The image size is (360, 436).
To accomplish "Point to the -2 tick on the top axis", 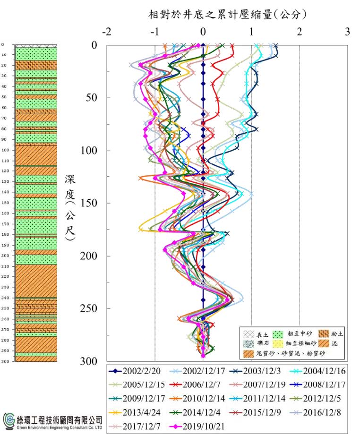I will pos(107,32).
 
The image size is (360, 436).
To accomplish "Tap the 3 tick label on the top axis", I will pos(348,32).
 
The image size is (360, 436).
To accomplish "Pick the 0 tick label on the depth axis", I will pos(94,45).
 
